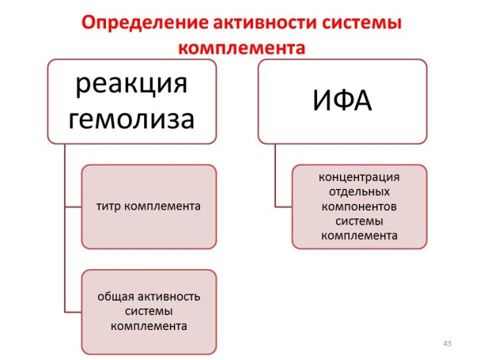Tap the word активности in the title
click(244, 23)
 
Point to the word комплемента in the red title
click(240, 47)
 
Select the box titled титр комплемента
click(149, 207)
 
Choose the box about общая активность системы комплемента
click(149, 312)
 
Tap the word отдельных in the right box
click(360, 191)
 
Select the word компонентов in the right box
click(360, 206)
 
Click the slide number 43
click(448, 343)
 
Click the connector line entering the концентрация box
click(283, 206)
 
